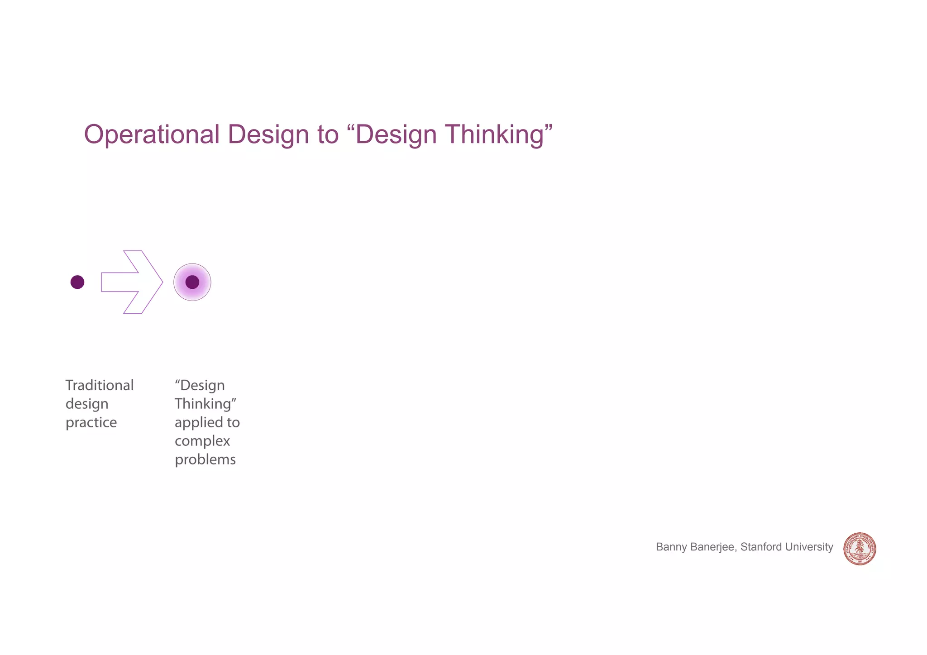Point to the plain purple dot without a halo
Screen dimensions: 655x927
77,282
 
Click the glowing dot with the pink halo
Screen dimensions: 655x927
192,282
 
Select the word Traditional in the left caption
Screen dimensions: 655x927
100,385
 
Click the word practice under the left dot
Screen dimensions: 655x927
91,422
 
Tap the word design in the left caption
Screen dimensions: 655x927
87,404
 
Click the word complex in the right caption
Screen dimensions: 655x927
202,441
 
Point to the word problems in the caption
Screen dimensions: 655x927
205,459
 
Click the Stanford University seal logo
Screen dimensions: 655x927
860,549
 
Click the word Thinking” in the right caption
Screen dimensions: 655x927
206,404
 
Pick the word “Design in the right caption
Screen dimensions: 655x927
200,385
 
